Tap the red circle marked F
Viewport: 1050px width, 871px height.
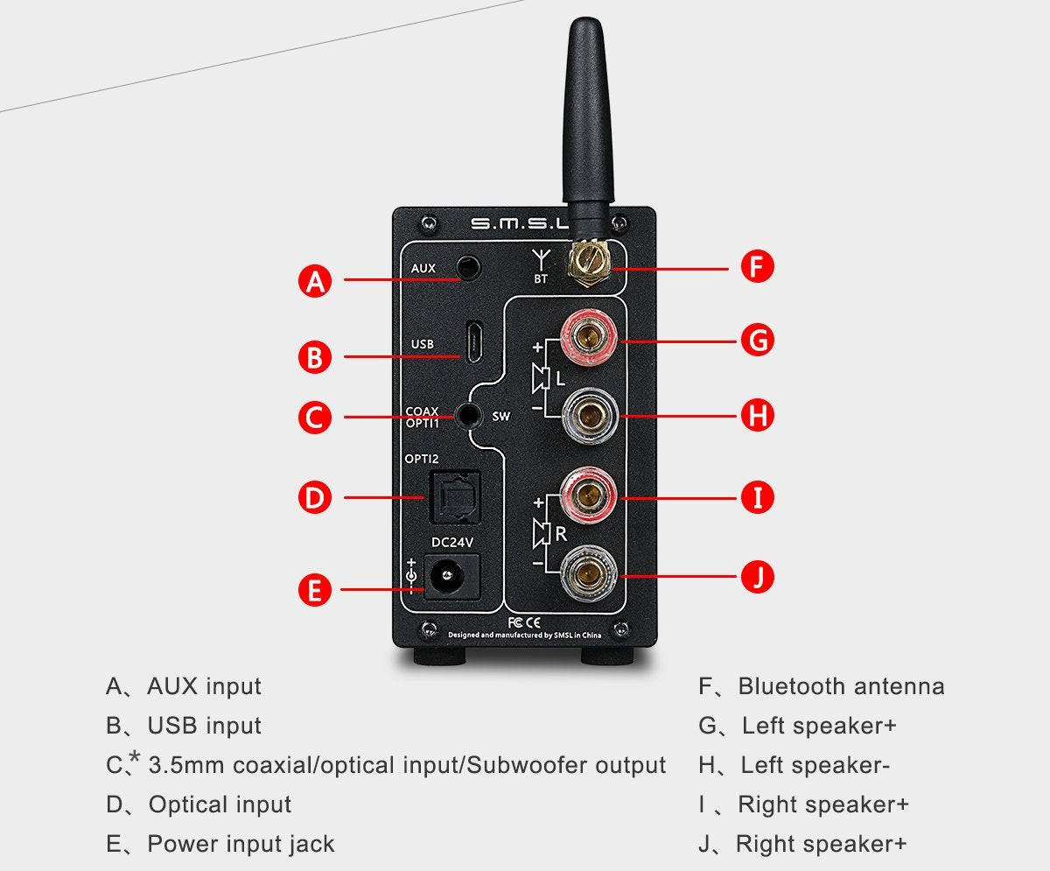(x=758, y=266)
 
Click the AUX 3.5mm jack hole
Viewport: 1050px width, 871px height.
(x=472, y=267)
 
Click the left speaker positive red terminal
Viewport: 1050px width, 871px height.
(x=589, y=337)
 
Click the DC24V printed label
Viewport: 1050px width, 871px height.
(x=452, y=542)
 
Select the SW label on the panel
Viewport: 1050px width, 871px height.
(x=501, y=417)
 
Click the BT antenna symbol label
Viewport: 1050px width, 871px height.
(x=541, y=267)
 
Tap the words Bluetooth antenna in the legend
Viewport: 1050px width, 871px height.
(x=841, y=686)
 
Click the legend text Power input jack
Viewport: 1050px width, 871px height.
(x=241, y=844)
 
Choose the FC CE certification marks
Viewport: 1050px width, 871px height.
(x=522, y=622)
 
